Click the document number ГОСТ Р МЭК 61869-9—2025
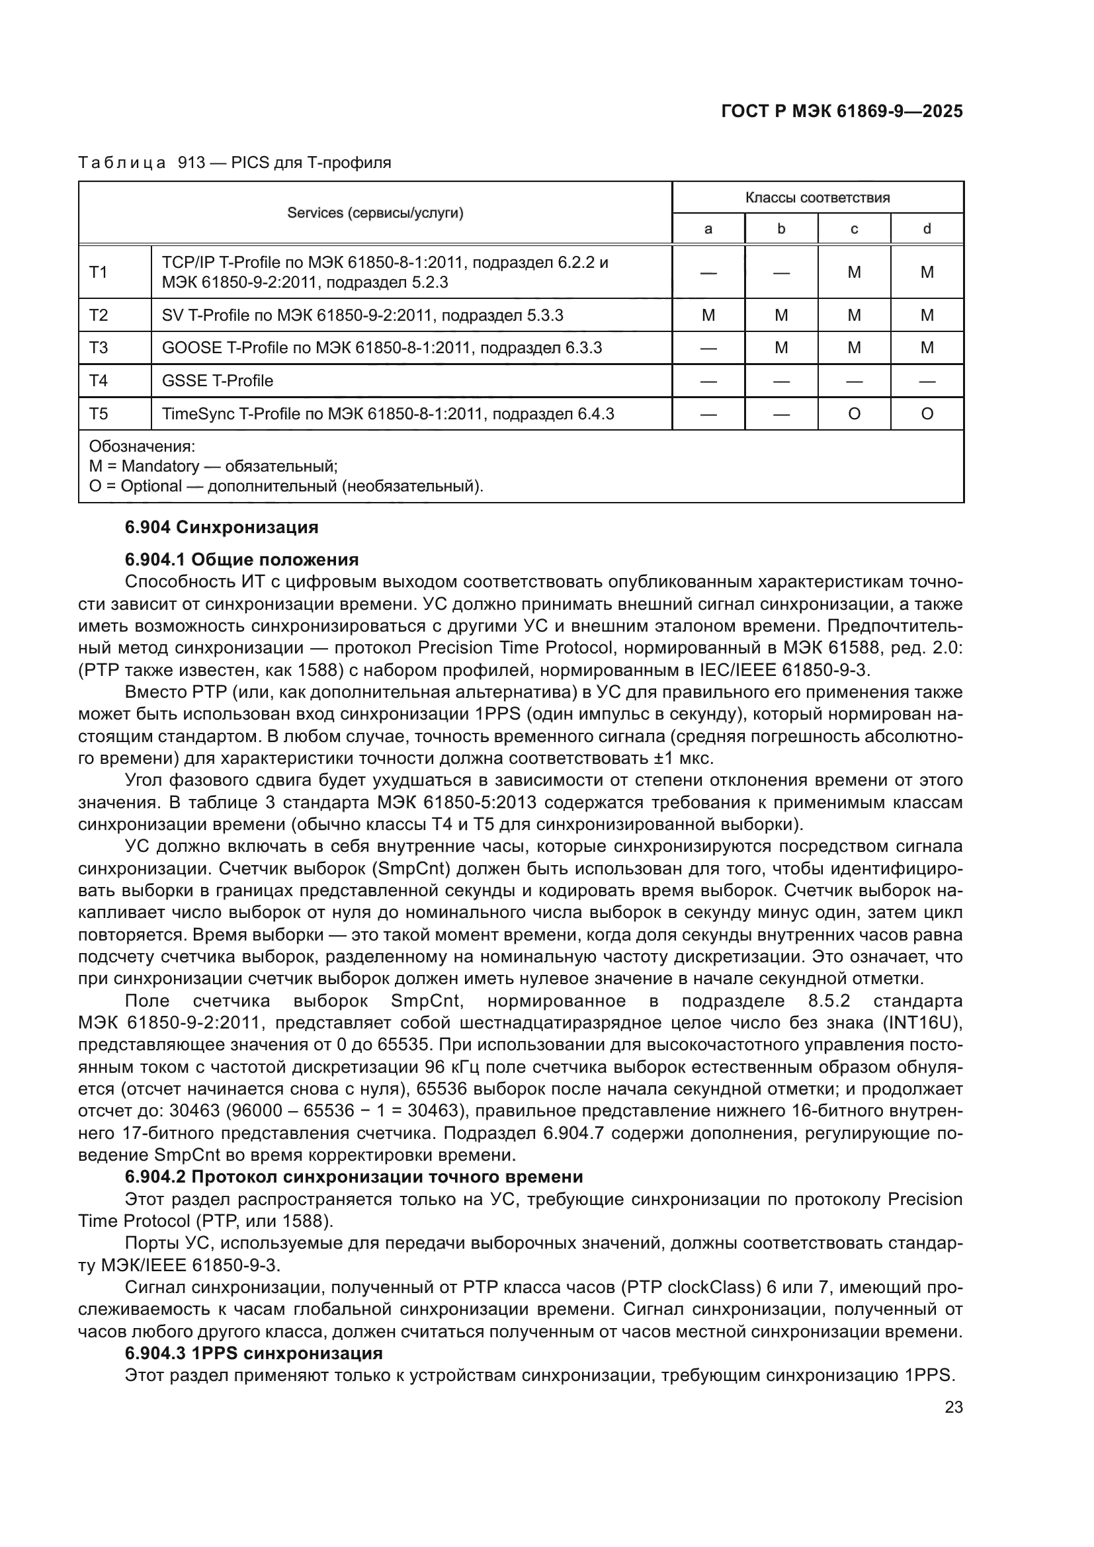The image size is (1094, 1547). point(841,111)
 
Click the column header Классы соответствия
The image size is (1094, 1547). point(817,197)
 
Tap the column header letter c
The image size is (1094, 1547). point(853,229)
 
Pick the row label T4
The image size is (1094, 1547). point(99,381)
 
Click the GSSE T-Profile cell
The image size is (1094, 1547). point(218,381)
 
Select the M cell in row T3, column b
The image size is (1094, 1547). point(780,348)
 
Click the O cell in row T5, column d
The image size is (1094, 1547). point(926,413)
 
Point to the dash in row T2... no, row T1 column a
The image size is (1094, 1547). point(708,272)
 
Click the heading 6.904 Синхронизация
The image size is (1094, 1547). point(222,527)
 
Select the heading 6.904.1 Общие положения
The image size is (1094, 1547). point(241,560)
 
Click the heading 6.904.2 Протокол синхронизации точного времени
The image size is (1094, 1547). point(354,1177)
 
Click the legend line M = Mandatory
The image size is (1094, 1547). point(213,466)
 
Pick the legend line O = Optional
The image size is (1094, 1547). point(286,486)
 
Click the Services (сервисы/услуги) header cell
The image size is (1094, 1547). point(375,213)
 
